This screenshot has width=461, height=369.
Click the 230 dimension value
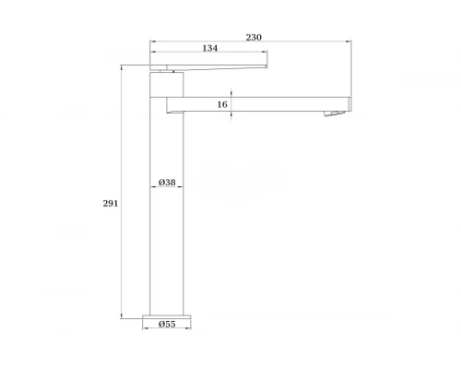(254, 38)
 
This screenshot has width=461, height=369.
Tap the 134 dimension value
(210, 48)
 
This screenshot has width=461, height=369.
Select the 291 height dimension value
(111, 204)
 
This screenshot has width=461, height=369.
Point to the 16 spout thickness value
(222, 104)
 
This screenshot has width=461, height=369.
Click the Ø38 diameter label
(167, 183)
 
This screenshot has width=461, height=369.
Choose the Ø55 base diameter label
(167, 324)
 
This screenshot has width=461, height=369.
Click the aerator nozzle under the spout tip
(334, 113)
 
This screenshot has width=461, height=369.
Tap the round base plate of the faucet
(167, 316)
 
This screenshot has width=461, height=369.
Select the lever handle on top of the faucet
(208, 67)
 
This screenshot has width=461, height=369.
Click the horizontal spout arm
(259, 104)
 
